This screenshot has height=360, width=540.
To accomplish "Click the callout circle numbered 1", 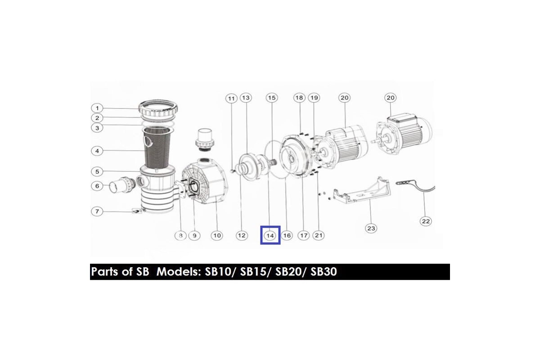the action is (x=97, y=108).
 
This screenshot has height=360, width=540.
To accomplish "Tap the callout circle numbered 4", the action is (x=97, y=151).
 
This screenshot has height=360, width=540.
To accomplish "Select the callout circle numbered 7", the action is (x=97, y=211).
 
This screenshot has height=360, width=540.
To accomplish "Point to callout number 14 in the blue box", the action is (x=270, y=236).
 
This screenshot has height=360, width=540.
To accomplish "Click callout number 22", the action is (x=426, y=221).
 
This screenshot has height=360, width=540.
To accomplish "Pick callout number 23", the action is (x=371, y=228).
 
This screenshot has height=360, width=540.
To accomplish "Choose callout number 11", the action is (x=231, y=99).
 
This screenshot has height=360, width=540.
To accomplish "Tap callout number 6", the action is (x=97, y=186).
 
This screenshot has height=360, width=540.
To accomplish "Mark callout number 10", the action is (x=217, y=236).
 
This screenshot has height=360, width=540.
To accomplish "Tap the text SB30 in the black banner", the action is (x=324, y=272).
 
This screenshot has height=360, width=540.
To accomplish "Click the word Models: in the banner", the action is (x=179, y=272).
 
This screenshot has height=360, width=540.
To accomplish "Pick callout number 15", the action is (x=272, y=98).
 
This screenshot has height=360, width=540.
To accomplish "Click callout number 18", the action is (x=299, y=98).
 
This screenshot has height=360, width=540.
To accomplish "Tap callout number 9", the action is (x=194, y=236).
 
